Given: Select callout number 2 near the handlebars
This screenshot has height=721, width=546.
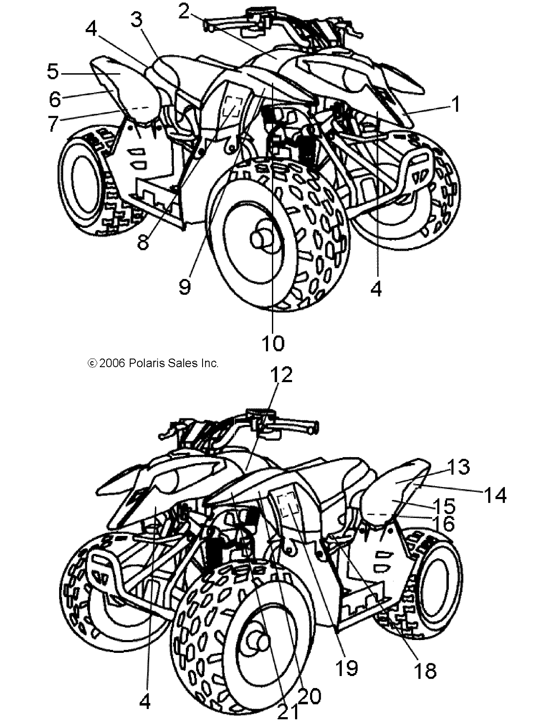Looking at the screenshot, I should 184,12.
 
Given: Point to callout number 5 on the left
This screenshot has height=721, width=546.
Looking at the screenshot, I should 53,72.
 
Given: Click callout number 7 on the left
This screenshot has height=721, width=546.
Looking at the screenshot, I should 53,123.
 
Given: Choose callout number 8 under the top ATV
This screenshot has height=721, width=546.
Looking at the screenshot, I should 143,242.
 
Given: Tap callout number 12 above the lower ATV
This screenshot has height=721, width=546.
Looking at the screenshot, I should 281,375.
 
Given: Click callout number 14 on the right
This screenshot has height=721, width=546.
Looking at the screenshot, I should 495,496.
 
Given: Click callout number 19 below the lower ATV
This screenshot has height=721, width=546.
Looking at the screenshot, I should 346,667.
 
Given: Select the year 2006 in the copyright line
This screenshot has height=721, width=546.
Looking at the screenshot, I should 112,363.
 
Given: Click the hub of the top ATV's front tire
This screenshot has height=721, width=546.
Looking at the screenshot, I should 262,238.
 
